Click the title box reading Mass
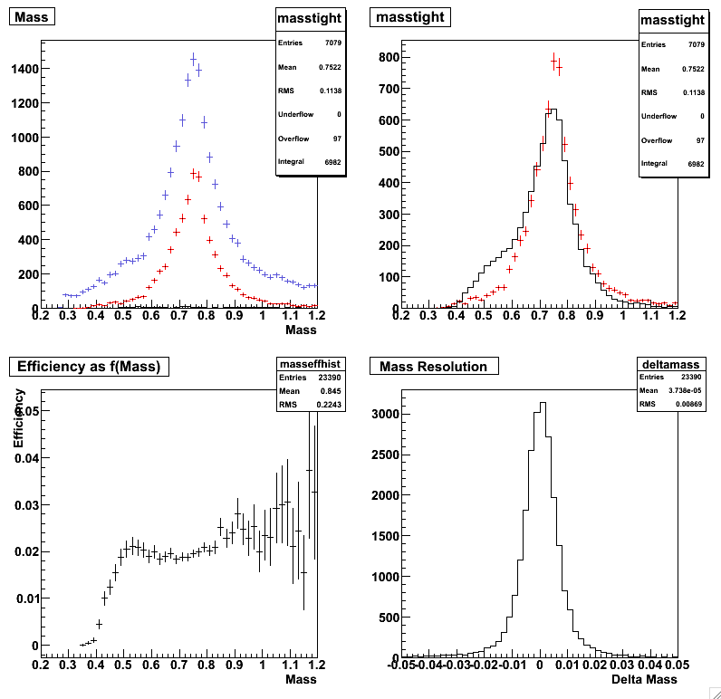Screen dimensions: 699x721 32,16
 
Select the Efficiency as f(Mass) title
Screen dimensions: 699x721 90,366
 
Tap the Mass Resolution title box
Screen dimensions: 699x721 434,366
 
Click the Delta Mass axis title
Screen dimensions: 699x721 643,679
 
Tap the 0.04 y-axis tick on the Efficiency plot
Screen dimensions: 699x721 24,457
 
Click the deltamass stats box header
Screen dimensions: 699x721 659,363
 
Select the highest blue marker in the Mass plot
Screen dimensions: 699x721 193,60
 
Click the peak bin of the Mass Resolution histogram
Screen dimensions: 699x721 542,404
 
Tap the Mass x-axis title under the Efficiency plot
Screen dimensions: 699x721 301,679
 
